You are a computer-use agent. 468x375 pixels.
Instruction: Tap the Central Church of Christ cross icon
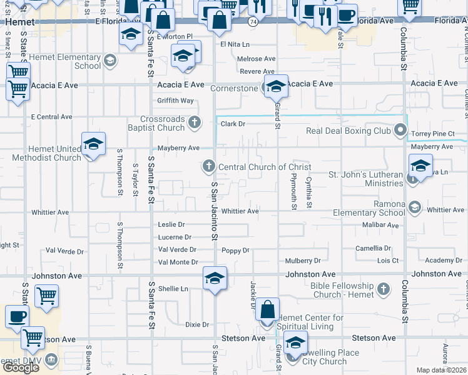[x=209, y=166]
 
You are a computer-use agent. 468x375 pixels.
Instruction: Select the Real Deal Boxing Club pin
[x=401, y=131]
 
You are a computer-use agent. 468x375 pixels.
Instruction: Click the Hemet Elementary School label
[x=70, y=61]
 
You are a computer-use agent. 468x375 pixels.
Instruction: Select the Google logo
[x=20, y=367]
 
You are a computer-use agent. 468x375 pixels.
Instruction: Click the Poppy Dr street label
[x=235, y=251]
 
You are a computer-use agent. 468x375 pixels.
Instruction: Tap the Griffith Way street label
[x=175, y=100]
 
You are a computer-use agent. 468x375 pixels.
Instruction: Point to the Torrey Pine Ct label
[x=434, y=134]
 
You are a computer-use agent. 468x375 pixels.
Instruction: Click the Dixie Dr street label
[x=196, y=324]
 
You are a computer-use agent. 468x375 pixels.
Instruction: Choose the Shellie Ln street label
[x=173, y=289]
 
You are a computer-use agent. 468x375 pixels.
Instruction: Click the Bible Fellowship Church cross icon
[x=385, y=289]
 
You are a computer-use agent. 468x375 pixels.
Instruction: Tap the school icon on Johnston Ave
[x=215, y=278]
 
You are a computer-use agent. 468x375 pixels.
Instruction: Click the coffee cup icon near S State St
[x=18, y=317]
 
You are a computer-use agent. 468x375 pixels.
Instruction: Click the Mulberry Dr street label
[x=303, y=261]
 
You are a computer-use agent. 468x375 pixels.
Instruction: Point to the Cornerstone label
[x=234, y=88]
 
